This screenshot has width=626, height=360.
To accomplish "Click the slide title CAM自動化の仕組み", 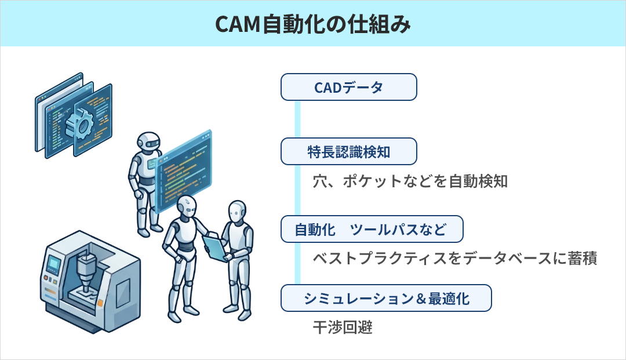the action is [x=312, y=24].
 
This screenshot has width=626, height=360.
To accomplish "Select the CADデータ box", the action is [x=348, y=87].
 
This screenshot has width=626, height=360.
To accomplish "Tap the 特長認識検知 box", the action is [x=348, y=152].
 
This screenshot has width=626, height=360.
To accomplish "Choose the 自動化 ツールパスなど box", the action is [x=372, y=229].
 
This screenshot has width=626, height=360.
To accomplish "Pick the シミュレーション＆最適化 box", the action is [x=386, y=298].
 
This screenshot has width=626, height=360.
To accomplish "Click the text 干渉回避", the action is [x=343, y=328].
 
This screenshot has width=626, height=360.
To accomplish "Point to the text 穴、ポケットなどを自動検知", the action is [x=410, y=181].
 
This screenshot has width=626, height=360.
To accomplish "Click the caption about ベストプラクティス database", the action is [x=455, y=258].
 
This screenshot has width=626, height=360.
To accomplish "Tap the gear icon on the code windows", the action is [x=80, y=124].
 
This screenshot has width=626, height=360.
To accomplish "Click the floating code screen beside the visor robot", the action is [x=184, y=171].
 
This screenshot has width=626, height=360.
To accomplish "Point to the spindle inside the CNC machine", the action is [x=85, y=271].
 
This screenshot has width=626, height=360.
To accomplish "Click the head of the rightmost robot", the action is [x=237, y=212].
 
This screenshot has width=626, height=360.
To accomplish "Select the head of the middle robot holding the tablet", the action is [x=186, y=207].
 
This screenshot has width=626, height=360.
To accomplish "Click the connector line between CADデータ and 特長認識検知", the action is [x=297, y=119].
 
